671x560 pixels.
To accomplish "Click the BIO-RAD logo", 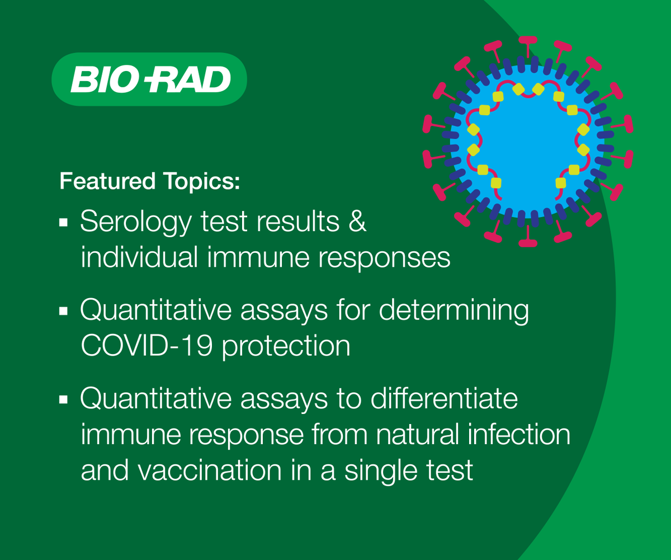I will (x=149, y=79).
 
